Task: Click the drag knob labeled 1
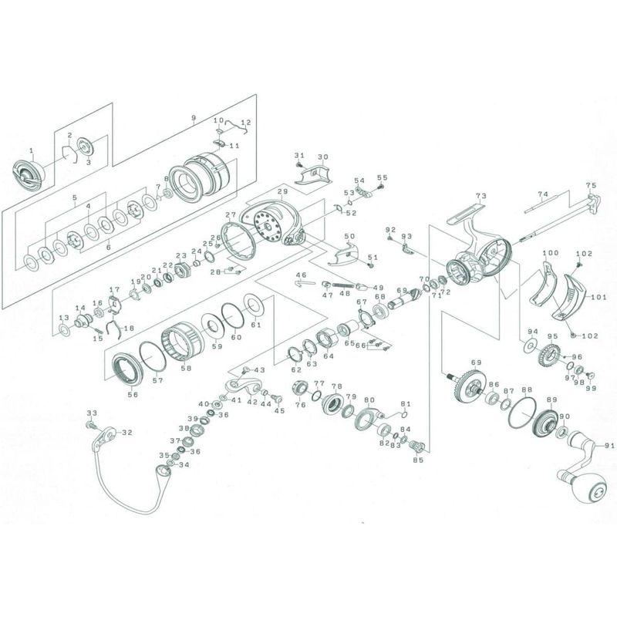point(30,177)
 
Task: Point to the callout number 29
point(282,191)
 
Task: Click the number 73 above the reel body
point(480,197)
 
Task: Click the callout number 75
point(591,185)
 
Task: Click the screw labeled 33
point(92,425)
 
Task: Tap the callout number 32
point(127,433)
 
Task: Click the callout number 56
point(133,394)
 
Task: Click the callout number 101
point(598,296)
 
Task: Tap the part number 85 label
point(419,460)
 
